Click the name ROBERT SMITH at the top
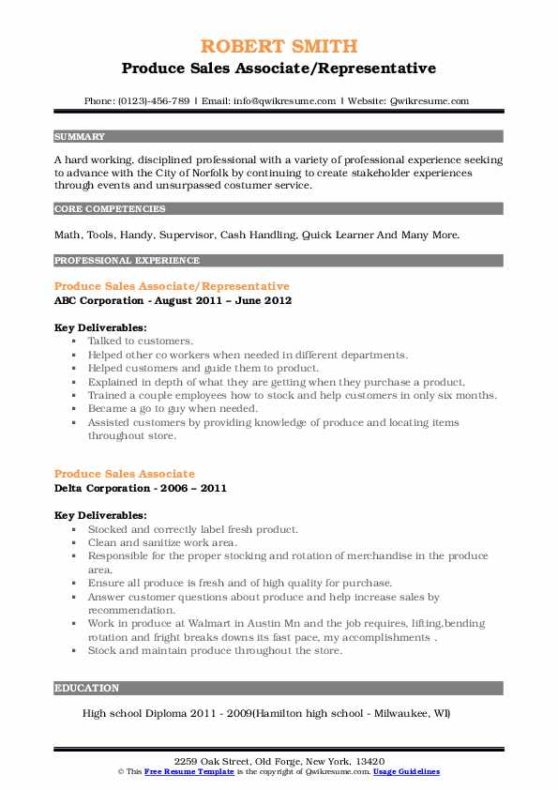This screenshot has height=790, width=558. click(x=279, y=46)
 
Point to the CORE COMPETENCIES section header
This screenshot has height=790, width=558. click(x=110, y=209)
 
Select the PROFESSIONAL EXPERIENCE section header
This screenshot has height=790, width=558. click(x=127, y=260)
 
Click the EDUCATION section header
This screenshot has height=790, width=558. click(x=87, y=688)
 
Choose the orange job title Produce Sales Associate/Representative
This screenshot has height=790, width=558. click(x=172, y=285)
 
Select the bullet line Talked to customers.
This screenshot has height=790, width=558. click(x=141, y=342)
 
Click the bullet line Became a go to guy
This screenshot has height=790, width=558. click(x=173, y=409)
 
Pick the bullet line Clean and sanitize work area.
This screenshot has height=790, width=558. click(x=162, y=542)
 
